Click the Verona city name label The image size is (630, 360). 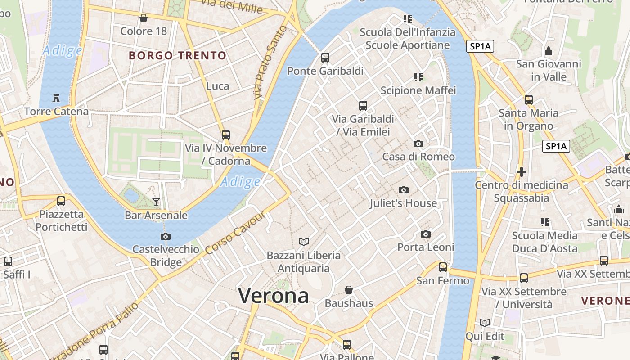tap(273, 296)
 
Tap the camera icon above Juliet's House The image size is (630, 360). tap(404, 190)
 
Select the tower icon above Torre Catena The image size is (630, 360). tap(56, 98)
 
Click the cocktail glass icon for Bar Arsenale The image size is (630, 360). tap(156, 202)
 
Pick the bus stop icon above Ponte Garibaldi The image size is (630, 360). tap(325, 58)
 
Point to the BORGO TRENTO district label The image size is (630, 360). tap(177, 56)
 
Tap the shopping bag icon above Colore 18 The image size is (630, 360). tap(143, 18)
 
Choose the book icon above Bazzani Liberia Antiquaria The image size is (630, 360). tap(304, 242)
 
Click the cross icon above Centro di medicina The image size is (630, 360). tap(522, 172)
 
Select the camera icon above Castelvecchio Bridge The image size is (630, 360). tap(166, 236)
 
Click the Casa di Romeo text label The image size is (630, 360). tap(418, 157)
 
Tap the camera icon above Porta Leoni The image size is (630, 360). tap(426, 234)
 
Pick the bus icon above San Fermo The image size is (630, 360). tap(443, 267)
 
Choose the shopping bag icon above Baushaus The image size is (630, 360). tap(349, 290)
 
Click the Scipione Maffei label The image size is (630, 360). tap(418, 90)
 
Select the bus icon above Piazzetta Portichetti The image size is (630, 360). tap(61, 201)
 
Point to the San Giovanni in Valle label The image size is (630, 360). tap(549, 70)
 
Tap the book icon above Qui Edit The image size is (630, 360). tap(485, 323)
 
